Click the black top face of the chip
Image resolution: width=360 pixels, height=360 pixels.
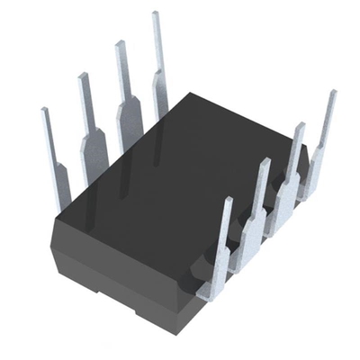pos(180,171)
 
